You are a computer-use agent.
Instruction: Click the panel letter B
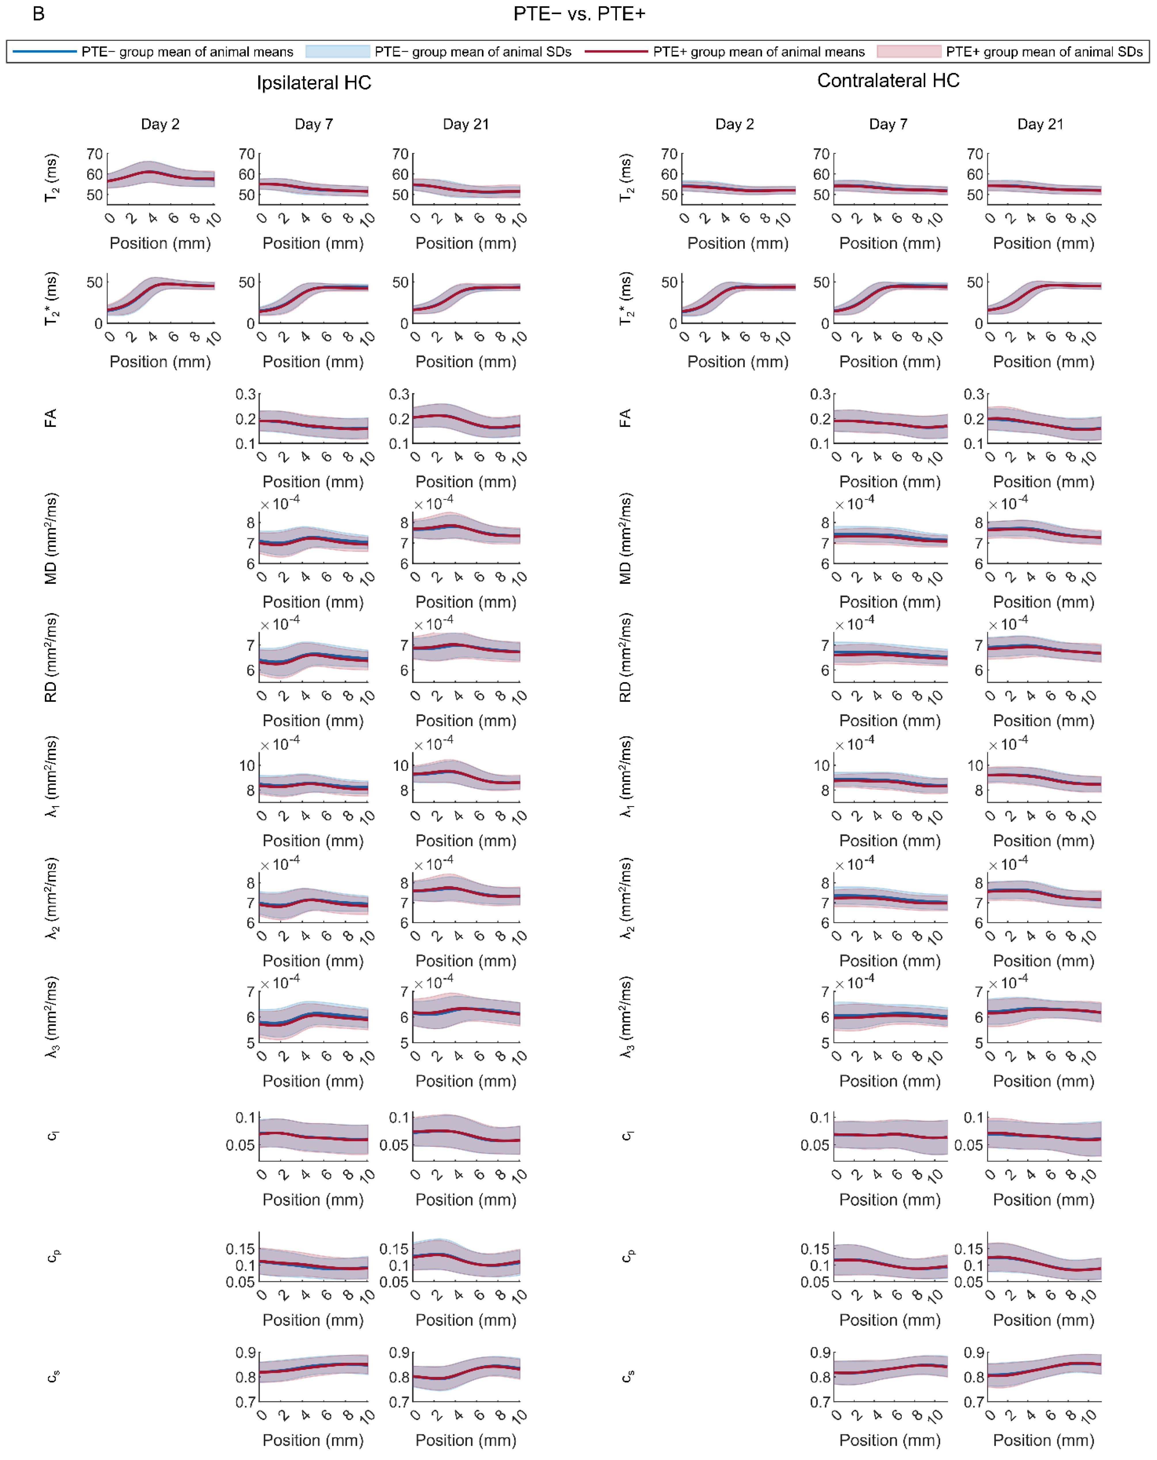pyautogui.click(x=39, y=14)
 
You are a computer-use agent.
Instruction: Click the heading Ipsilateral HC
pyautogui.click(x=313, y=83)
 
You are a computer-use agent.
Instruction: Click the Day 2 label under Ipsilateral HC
pyautogui.click(x=160, y=124)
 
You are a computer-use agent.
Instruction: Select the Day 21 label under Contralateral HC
pyautogui.click(x=1040, y=124)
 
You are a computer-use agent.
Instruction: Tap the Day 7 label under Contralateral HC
pyautogui.click(x=888, y=124)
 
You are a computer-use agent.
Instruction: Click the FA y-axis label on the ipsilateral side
pyautogui.click(x=50, y=418)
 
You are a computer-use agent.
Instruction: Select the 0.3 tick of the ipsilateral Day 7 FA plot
pyautogui.click(x=246, y=394)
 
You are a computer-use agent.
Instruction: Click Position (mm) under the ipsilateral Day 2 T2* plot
pyautogui.click(x=160, y=361)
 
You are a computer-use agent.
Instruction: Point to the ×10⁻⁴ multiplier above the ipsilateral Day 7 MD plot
pyautogui.click(x=280, y=503)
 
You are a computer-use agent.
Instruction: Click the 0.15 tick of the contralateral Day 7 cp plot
pyautogui.click(x=814, y=1249)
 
